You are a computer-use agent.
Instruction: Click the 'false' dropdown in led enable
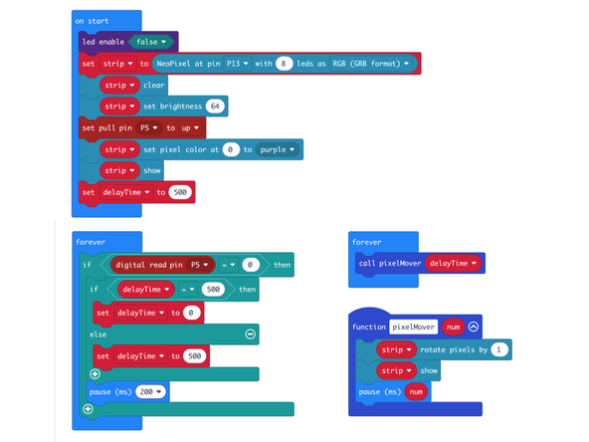tap(152, 41)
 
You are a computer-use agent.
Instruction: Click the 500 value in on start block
tap(180, 191)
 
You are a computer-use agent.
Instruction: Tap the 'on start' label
tap(93, 20)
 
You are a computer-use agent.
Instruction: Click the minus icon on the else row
tap(250, 334)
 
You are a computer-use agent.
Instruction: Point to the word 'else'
tap(97, 334)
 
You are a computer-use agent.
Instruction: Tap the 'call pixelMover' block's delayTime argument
tap(454, 263)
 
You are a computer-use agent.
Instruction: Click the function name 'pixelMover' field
tap(414, 326)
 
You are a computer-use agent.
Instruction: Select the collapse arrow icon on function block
tap(474, 326)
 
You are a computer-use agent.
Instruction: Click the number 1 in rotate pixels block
tap(498, 349)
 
